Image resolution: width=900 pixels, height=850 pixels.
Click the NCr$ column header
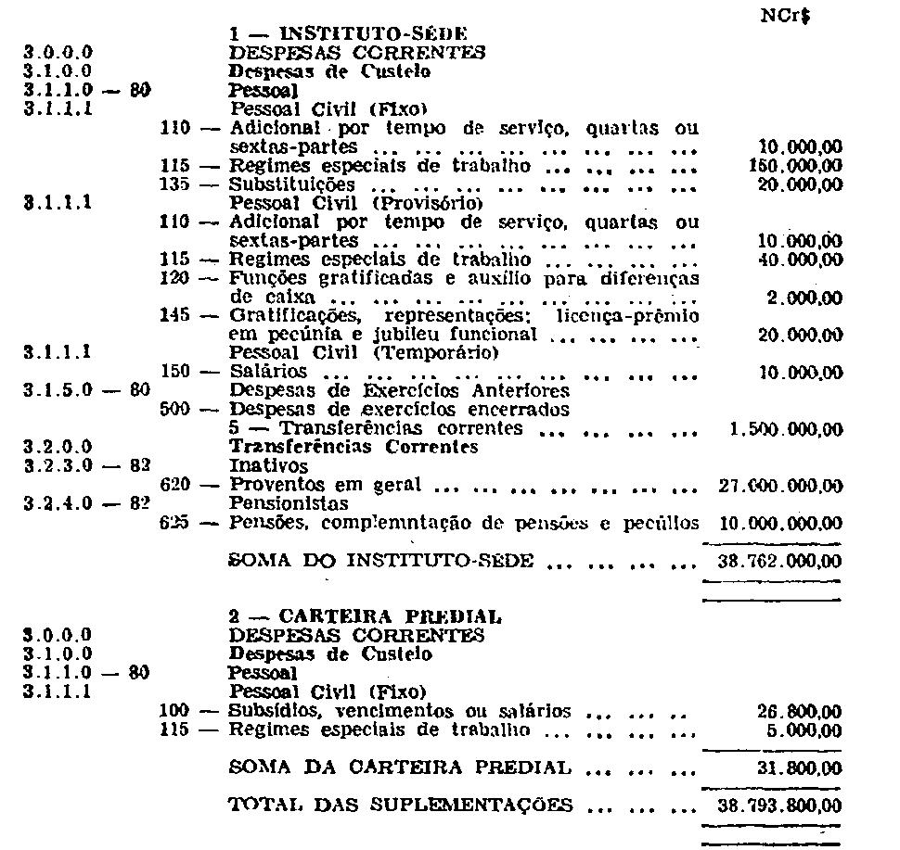[x=794, y=16]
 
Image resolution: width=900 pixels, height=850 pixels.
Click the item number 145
[x=174, y=316]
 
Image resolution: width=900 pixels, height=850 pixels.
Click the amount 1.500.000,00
[x=780, y=429]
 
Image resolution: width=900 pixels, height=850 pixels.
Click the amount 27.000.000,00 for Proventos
[x=780, y=486]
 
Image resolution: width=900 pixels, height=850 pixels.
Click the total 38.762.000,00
[x=780, y=562]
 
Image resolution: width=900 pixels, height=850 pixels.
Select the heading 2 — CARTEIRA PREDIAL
[x=365, y=616]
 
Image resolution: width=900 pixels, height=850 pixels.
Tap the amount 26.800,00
[x=800, y=711]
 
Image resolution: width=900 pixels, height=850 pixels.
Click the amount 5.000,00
[x=805, y=730]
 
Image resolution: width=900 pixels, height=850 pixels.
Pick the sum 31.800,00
[x=800, y=768]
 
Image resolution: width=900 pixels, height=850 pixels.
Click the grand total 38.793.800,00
[x=780, y=806]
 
